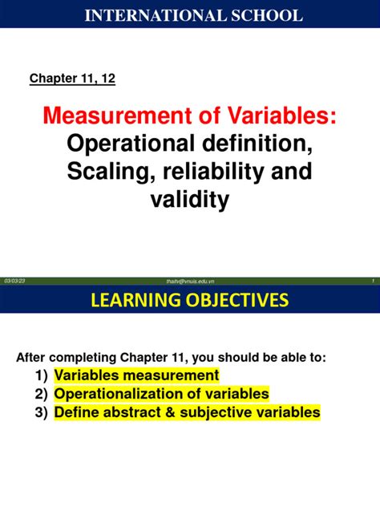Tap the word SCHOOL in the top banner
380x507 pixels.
(266, 15)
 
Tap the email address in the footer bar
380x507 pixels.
(190, 280)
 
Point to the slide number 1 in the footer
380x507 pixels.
(374, 280)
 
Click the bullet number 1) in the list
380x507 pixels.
(42, 375)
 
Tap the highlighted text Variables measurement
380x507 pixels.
(136, 375)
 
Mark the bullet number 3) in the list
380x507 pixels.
(42, 412)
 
